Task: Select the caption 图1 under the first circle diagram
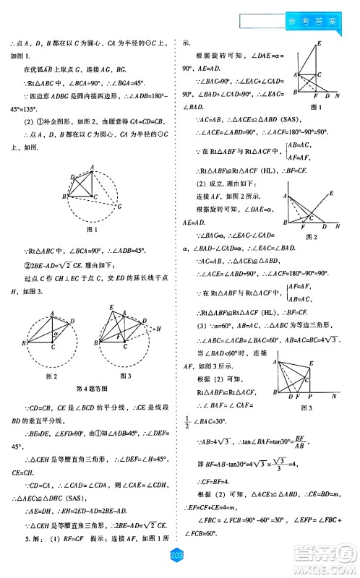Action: tap(91, 230)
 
